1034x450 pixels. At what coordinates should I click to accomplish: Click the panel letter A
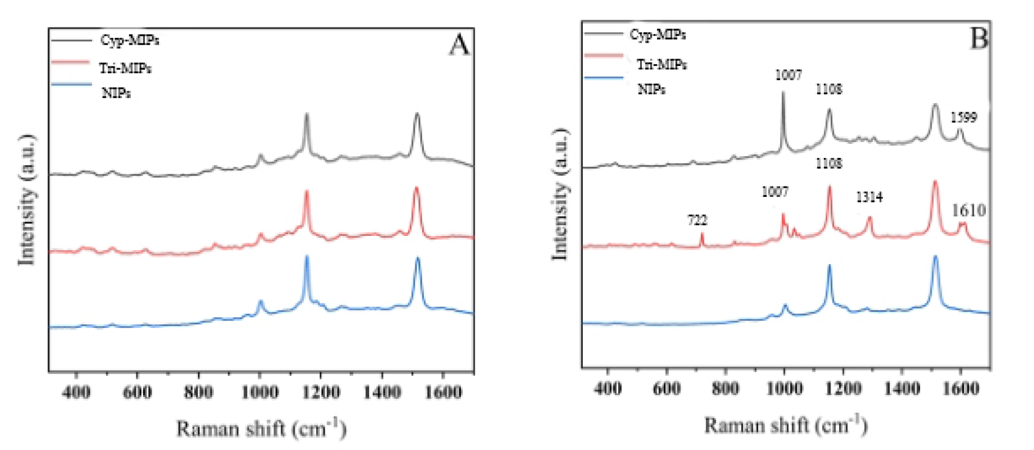pos(460,45)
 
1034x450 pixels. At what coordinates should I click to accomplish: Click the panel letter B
pos(978,38)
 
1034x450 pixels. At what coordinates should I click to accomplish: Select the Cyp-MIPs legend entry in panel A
pos(129,40)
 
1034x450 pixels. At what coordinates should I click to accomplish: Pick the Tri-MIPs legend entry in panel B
pos(662,64)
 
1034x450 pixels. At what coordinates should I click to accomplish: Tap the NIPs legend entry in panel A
pos(116,93)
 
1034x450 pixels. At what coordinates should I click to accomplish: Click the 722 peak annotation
pos(698,220)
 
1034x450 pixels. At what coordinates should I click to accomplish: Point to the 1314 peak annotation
pos(869,197)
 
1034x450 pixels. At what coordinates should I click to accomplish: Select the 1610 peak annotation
pos(968,210)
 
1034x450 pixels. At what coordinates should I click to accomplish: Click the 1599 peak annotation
pos(963,117)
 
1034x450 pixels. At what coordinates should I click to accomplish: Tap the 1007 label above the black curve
pos(788,75)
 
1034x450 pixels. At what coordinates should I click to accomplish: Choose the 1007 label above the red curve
pos(775,192)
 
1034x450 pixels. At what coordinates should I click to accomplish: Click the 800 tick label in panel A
pos(199,391)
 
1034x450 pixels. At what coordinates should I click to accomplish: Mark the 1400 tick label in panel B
pos(902,388)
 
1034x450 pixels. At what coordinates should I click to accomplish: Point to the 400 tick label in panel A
pos(76,391)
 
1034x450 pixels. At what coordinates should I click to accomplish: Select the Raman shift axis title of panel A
pos(261,428)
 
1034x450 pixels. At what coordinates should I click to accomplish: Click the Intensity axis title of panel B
pos(560,195)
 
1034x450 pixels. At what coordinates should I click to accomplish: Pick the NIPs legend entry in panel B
pos(651,89)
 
